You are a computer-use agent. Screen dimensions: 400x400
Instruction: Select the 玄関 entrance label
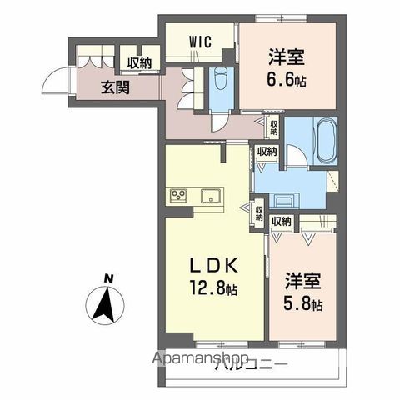115,86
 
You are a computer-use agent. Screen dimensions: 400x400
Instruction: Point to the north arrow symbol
106,306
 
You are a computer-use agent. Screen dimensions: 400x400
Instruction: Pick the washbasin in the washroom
284,200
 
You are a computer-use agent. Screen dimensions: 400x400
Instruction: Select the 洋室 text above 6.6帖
285,57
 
